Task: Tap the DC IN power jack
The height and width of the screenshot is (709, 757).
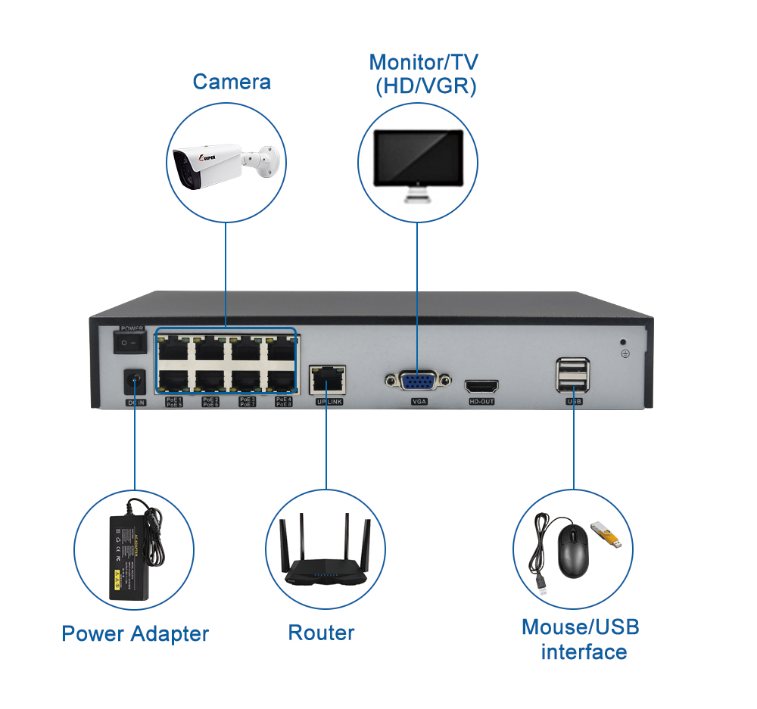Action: tap(135, 381)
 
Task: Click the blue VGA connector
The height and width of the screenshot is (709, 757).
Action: tap(417, 381)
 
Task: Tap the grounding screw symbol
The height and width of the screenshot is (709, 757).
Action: tap(625, 353)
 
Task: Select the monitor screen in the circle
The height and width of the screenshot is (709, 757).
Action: tap(418, 158)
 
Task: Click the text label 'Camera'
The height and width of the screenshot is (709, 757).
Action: tap(231, 82)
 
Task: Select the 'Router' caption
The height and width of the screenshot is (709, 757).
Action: tap(321, 633)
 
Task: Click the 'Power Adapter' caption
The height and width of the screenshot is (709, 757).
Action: tap(135, 634)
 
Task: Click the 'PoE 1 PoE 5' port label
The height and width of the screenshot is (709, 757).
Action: tap(174, 402)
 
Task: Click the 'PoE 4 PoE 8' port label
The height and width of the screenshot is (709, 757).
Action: tap(283, 402)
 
